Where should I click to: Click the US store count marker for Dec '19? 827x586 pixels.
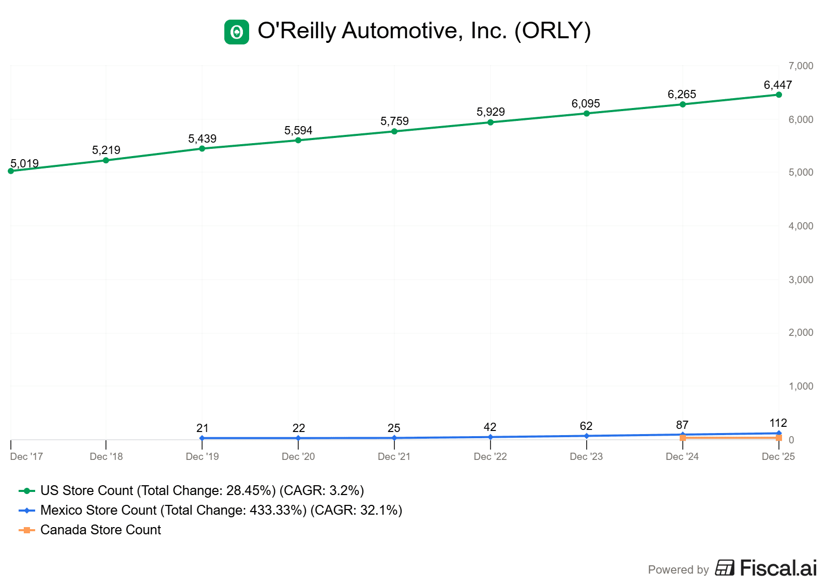point(202,148)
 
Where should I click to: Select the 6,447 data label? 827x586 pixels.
point(777,85)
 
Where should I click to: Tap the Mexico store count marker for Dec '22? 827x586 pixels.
point(491,437)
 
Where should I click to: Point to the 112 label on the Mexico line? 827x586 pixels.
point(778,423)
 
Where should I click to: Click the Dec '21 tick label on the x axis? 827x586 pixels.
point(394,456)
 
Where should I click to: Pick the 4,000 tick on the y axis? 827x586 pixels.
point(801,226)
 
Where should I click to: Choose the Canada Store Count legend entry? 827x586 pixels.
point(100,530)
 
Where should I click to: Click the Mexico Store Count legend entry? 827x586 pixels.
point(221,510)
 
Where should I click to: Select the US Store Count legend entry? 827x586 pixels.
point(202,490)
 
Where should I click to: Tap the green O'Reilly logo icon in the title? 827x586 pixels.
point(237,32)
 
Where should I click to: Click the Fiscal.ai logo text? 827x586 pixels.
point(778,568)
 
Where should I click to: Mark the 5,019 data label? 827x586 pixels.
point(25,163)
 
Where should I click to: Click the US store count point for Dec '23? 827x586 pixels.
point(587,113)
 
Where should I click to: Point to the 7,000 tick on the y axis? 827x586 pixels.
point(801,66)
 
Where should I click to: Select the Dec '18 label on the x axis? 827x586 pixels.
point(106,456)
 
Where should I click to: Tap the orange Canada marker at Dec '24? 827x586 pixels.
point(683,438)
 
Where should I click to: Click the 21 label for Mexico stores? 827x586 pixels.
point(202,428)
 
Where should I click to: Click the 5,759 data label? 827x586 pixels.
point(394,121)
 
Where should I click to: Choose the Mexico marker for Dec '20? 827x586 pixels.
point(298,438)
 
